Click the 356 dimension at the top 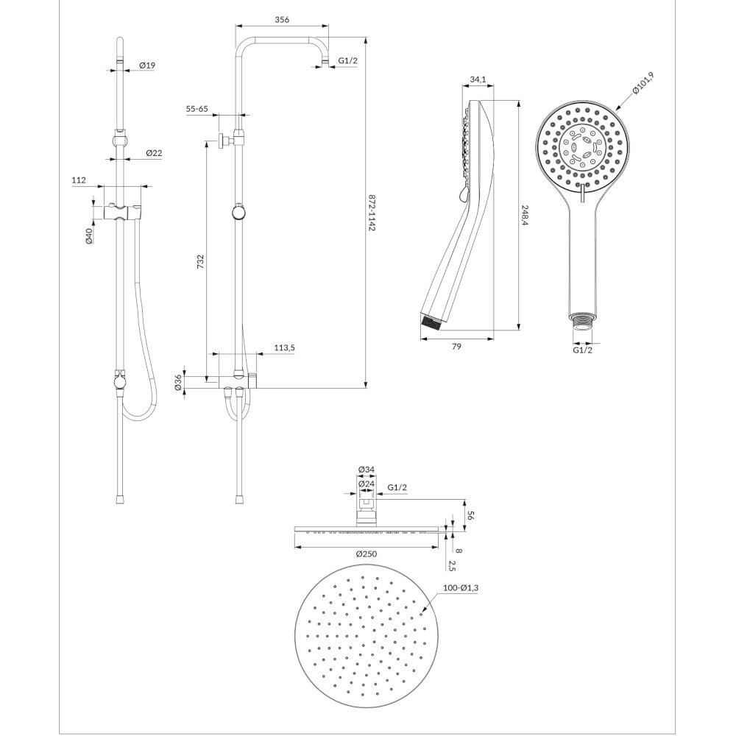pyautogui.click(x=282, y=20)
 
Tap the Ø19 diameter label pyautogui.click(x=147, y=66)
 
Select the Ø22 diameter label pyautogui.click(x=154, y=153)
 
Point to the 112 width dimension pyautogui.click(x=79, y=180)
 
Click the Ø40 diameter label pyautogui.click(x=89, y=235)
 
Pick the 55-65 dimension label pyautogui.click(x=197, y=109)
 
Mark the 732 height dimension pyautogui.click(x=200, y=261)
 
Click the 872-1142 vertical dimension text pyautogui.click(x=372, y=213)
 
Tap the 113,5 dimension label pyautogui.click(x=284, y=348)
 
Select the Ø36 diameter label pyautogui.click(x=178, y=383)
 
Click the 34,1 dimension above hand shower pyautogui.click(x=478, y=79)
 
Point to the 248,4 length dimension pyautogui.click(x=525, y=216)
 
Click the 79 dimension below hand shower pyautogui.click(x=456, y=347)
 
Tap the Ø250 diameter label pyautogui.click(x=366, y=554)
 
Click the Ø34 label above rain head pyautogui.click(x=366, y=469)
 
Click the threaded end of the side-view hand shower pyautogui.click(x=433, y=322)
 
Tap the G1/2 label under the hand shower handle pyautogui.click(x=582, y=350)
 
